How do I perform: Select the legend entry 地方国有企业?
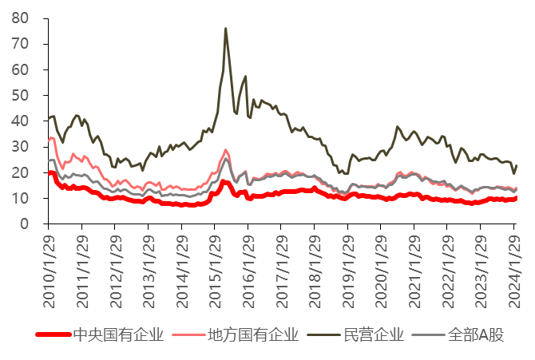point(252,334)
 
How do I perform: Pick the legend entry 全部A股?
point(477,334)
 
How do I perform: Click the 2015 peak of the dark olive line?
point(225,29)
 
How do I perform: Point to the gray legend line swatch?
point(428,334)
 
